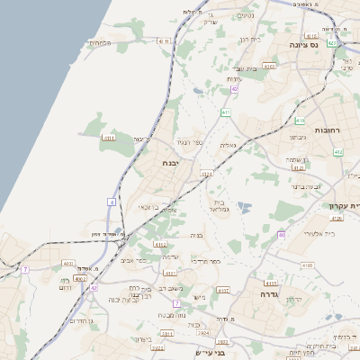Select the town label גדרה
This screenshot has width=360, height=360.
point(269,294)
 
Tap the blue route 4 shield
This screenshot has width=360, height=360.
point(112,202)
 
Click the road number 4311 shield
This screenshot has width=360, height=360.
point(110,138)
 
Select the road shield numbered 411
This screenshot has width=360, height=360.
point(227,112)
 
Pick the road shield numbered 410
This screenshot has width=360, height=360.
point(301,120)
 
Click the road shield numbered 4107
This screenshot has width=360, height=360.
point(223,290)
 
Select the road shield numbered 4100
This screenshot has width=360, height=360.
point(309,265)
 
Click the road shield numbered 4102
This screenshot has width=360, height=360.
point(170,272)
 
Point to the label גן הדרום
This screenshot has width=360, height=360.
point(77,320)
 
